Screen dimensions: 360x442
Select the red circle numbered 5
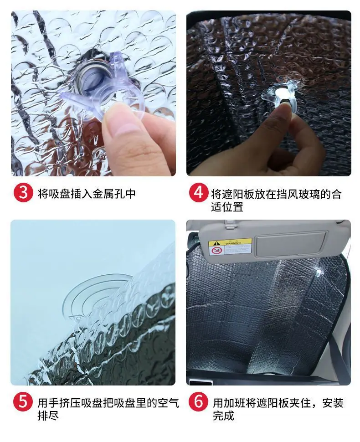(x=23, y=401)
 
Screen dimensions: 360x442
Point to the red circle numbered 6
(x=199, y=401)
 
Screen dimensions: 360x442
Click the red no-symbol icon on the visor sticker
(x=217, y=250)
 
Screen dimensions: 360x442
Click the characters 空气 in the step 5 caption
(x=168, y=402)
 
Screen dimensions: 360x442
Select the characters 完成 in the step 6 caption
(x=224, y=416)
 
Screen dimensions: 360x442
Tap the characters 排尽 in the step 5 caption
(x=48, y=416)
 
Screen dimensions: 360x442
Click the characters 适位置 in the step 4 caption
(x=227, y=207)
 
